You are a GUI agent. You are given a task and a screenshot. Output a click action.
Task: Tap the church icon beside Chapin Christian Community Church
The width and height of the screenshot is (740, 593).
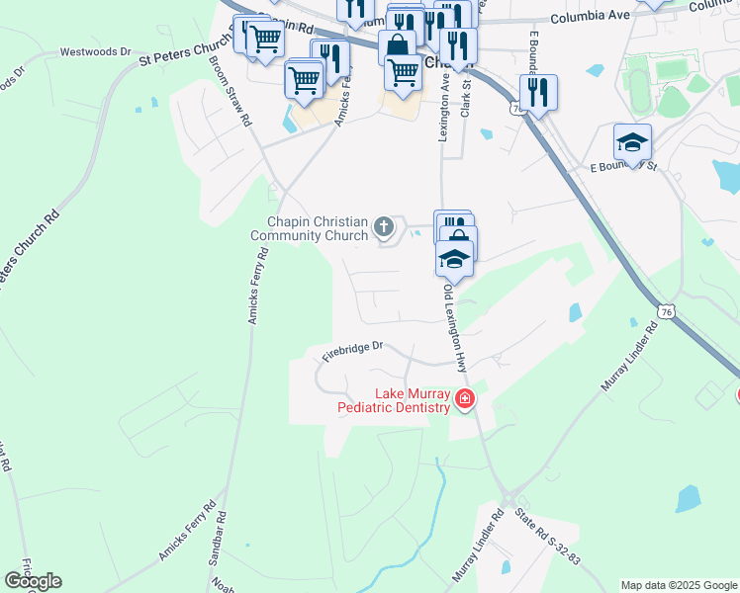[384, 229]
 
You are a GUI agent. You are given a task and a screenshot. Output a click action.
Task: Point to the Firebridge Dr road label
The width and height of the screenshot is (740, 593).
[349, 350]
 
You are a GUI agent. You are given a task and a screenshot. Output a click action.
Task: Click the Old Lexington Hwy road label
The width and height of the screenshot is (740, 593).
[455, 329]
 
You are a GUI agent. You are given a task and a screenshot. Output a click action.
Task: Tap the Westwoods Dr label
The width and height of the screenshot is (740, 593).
[95, 50]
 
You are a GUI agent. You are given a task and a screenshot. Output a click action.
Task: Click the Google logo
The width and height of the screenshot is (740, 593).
[33, 581]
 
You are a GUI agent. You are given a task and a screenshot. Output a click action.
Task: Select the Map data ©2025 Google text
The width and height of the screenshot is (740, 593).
[678, 585]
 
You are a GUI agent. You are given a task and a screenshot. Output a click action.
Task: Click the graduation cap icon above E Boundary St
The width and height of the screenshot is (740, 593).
[632, 142]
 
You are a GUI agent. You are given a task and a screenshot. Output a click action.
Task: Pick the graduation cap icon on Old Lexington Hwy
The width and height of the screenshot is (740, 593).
[454, 259]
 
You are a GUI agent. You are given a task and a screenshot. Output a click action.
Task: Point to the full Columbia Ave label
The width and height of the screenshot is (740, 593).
[590, 17]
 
